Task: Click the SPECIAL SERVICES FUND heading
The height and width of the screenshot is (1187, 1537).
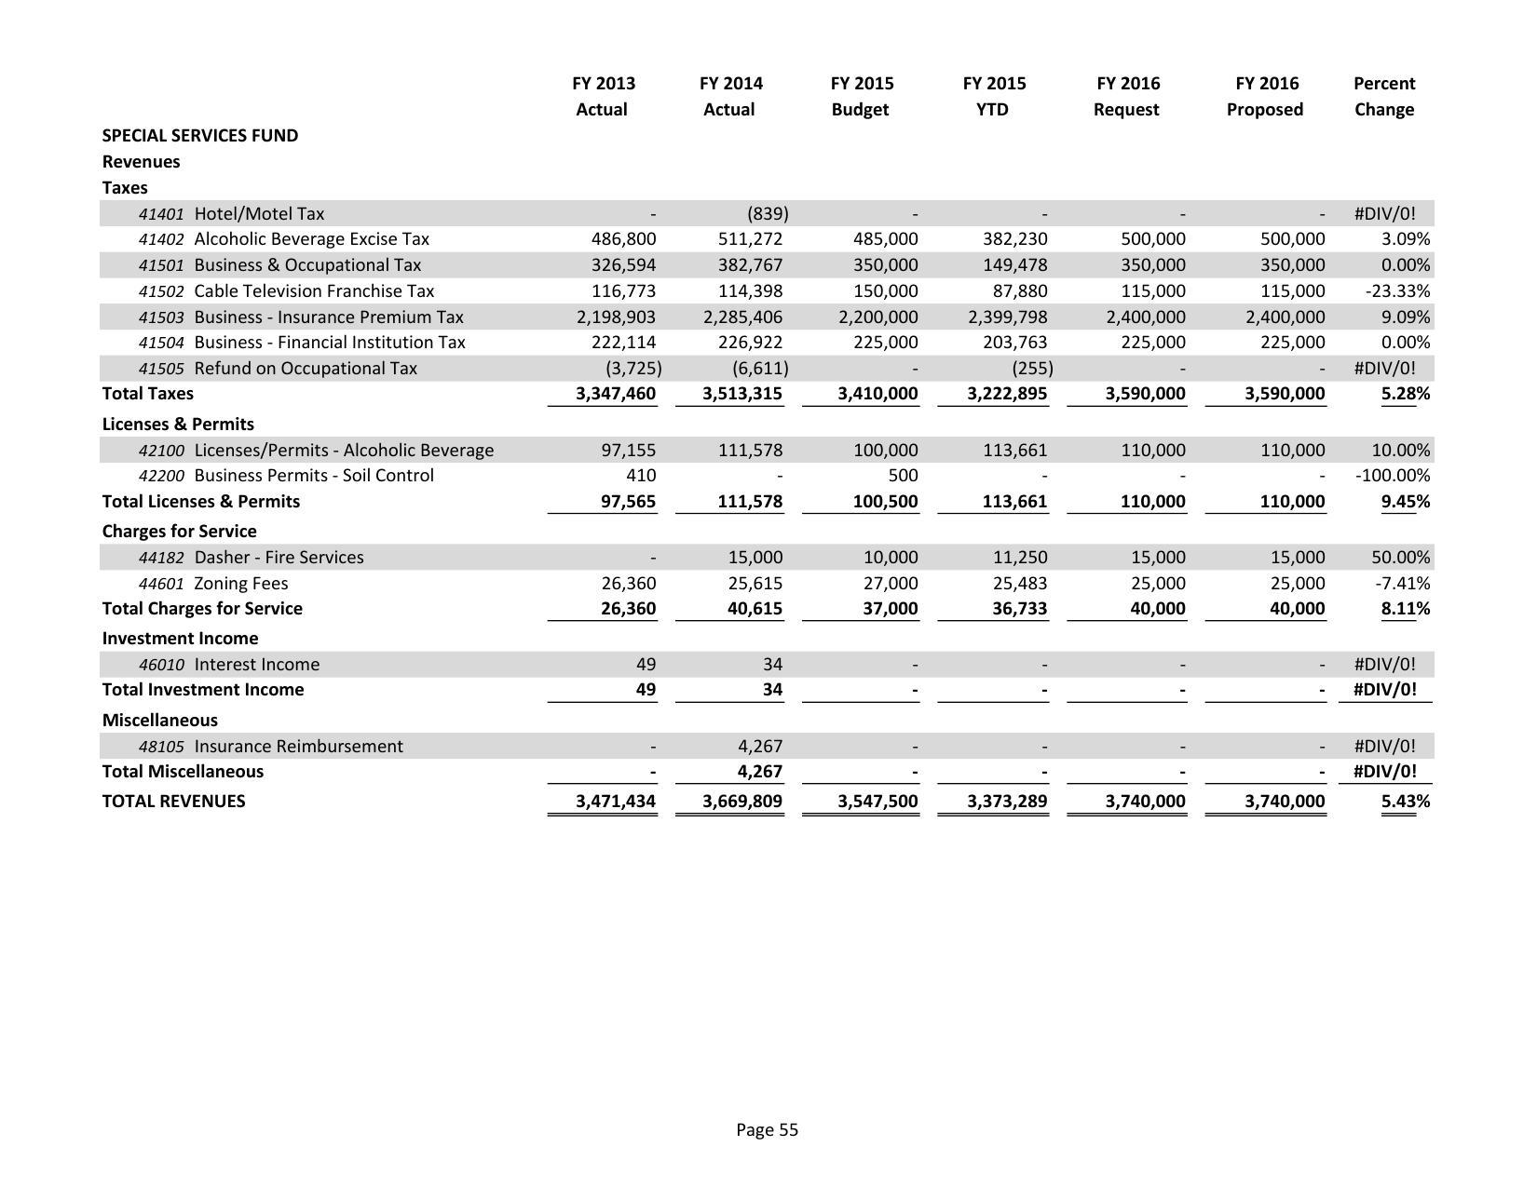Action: click(200, 136)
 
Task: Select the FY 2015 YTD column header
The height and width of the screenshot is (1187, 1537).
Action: click(994, 96)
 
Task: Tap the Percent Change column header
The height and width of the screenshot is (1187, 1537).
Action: click(1383, 96)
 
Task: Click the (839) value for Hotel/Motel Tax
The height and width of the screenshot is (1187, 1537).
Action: click(767, 213)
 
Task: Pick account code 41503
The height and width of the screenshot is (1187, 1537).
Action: click(161, 317)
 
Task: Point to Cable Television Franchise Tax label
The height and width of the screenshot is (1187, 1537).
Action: click(314, 291)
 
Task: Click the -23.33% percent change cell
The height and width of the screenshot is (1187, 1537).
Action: click(1397, 291)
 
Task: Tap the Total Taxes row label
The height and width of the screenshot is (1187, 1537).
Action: click(148, 394)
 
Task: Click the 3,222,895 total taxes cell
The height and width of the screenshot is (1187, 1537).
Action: click(1007, 394)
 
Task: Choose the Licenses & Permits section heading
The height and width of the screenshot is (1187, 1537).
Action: click(178, 425)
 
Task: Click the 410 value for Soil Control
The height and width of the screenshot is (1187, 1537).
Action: click(641, 476)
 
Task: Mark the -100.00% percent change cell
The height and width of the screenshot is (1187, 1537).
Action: click(1393, 476)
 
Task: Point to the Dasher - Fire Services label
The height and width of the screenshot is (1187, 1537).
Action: click(279, 558)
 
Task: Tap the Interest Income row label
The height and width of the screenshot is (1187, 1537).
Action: click(256, 665)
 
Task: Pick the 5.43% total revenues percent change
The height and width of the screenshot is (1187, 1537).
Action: click(1405, 802)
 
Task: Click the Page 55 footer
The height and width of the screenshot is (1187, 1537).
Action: click(767, 1130)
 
